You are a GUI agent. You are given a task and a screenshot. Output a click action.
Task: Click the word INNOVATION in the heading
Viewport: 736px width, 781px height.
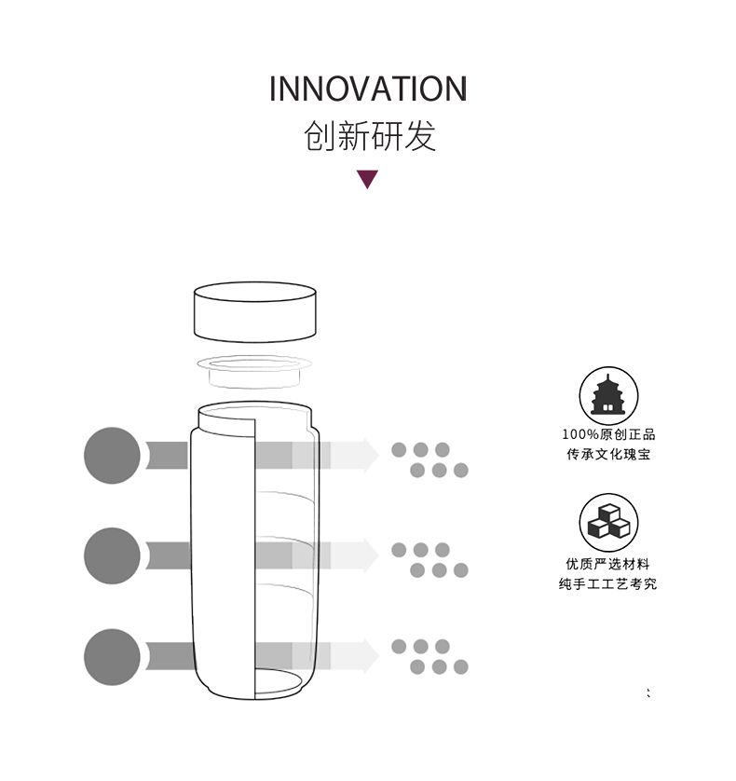pos(368,89)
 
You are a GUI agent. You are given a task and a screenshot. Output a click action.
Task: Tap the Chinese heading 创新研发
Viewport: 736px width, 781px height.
pos(369,136)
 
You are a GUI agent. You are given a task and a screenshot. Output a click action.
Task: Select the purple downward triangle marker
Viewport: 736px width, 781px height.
pos(368,179)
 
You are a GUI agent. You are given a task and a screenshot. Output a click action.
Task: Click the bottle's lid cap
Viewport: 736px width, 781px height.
pos(254,313)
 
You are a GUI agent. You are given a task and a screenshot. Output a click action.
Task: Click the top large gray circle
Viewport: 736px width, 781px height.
pos(113,456)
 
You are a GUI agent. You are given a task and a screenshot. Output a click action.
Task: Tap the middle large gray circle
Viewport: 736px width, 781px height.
pos(113,556)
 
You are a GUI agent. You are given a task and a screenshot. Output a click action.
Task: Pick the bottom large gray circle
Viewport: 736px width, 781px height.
pos(113,657)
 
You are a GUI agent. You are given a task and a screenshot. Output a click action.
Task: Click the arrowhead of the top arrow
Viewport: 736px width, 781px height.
pos(367,455)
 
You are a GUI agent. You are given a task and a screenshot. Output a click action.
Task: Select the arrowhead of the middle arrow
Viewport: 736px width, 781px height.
pos(367,555)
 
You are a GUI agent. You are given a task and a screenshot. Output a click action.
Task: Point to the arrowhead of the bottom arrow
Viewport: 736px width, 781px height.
pos(367,656)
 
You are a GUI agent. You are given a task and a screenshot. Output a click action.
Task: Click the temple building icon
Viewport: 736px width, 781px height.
pos(608,396)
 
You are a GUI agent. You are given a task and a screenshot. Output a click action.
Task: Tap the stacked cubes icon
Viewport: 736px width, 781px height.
pos(608,522)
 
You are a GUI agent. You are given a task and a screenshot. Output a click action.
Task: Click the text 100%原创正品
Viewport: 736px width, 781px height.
pos(608,434)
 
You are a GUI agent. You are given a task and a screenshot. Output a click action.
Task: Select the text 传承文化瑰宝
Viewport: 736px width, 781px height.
pos(608,455)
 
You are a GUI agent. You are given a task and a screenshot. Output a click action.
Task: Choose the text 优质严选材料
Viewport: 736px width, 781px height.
pos(608,564)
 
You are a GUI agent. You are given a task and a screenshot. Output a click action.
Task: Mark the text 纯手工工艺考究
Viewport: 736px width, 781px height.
pos(608,584)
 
